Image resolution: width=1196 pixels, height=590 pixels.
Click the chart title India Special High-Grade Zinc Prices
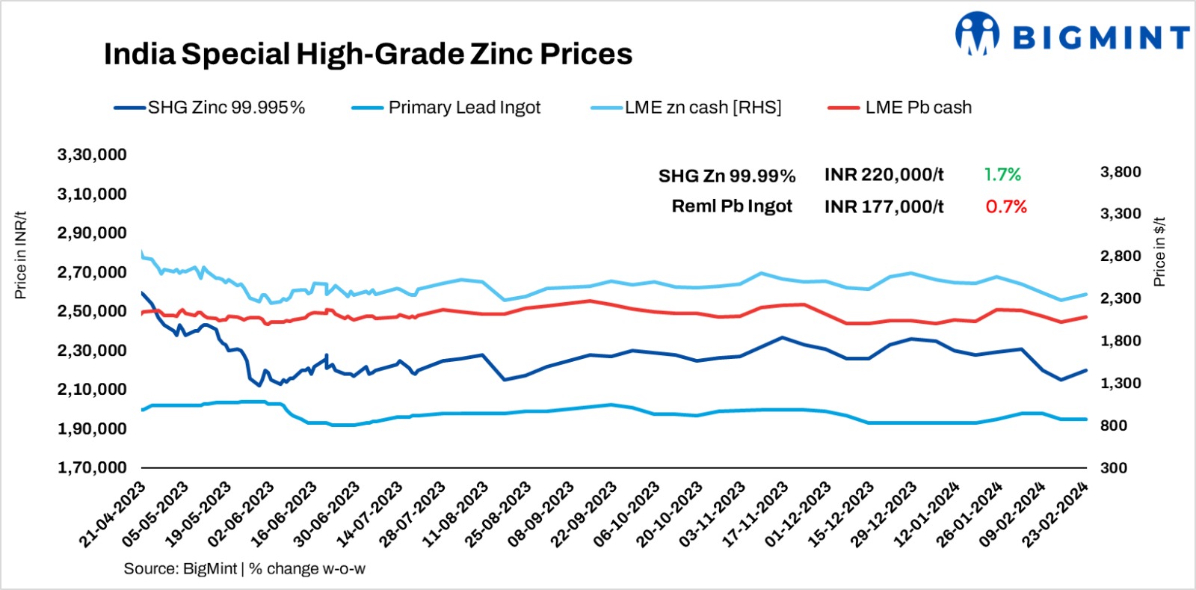(368, 54)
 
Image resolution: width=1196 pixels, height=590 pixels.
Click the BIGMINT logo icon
(977, 34)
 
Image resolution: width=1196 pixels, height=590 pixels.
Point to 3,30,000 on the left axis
(92, 155)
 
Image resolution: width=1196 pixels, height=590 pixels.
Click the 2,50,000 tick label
(92, 311)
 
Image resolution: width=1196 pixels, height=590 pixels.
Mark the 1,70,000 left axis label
(92, 468)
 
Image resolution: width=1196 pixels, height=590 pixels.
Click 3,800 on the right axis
(1120, 172)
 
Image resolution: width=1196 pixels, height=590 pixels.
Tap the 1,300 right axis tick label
(1120, 383)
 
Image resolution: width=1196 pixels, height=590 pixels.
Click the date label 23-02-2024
(1057, 516)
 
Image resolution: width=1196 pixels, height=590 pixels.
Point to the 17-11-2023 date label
(756, 516)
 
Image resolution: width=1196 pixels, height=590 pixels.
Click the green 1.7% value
(1002, 175)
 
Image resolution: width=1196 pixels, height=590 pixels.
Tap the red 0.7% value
(1005, 206)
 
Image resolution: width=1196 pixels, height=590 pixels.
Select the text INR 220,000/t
(884, 175)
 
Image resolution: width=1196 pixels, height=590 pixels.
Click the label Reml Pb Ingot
(732, 206)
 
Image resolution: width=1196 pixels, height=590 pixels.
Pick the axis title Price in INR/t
(21, 255)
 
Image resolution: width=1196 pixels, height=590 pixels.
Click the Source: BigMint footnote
(244, 569)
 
